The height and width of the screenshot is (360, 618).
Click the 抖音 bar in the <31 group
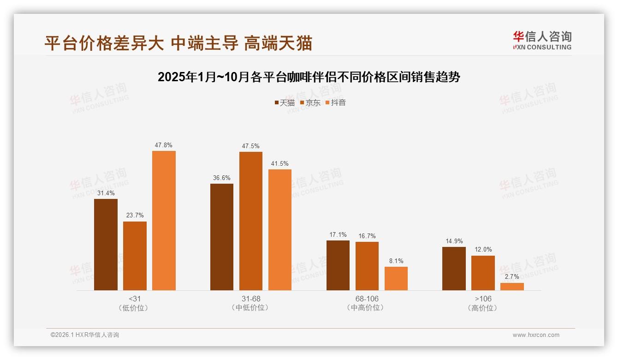click(164, 221)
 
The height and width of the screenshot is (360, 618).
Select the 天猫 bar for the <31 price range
click(106, 245)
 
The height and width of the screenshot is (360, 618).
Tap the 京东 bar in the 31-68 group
click(250, 221)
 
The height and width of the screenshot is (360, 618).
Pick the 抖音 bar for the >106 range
click(512, 287)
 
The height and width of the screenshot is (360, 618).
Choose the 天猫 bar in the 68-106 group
click(338, 265)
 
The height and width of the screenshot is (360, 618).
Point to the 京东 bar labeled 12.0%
click(483, 273)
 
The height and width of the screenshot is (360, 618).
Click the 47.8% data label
click(164, 145)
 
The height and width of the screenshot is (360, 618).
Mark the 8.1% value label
click(396, 261)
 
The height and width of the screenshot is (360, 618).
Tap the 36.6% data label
click(222, 178)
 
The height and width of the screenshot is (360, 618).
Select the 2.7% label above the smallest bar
click(512, 276)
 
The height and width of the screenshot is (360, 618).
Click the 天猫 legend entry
click(285, 102)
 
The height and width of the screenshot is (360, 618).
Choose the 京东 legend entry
click(310, 102)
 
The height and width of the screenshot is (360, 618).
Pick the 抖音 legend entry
click(335, 102)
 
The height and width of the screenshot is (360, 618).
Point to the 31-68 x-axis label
click(250, 299)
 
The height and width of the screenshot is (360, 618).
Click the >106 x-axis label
click(483, 299)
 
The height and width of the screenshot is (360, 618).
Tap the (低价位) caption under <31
click(135, 308)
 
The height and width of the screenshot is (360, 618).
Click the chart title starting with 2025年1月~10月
click(309, 77)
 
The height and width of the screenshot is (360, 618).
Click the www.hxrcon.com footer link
click(536, 335)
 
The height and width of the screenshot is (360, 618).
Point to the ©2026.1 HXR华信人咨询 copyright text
click(85, 335)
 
